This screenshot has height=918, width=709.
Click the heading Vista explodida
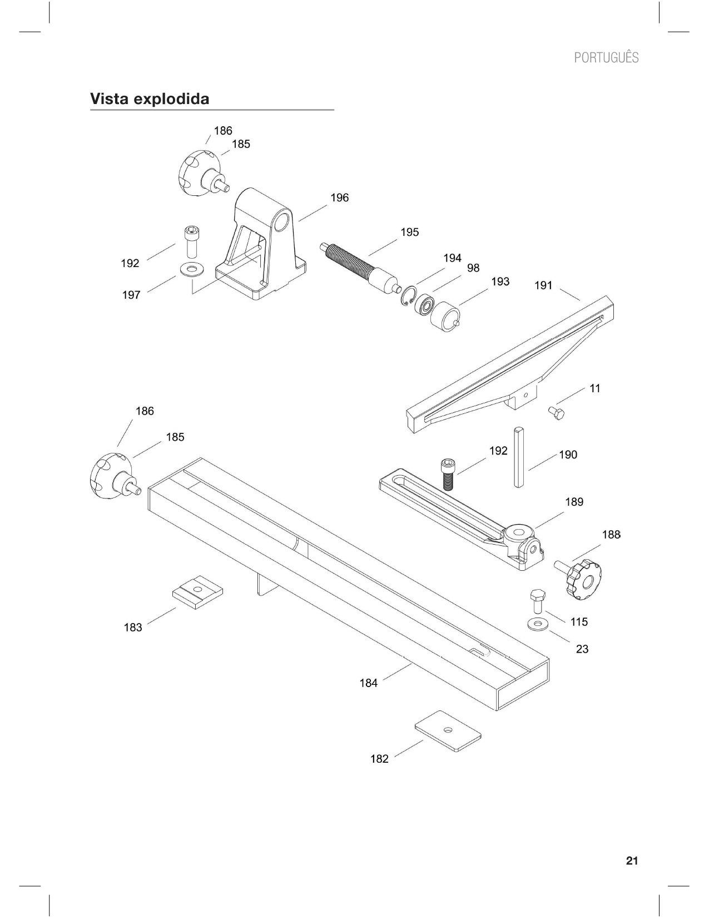[150, 99]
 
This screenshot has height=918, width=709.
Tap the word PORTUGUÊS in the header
[606, 58]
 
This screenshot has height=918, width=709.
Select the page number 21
[632, 861]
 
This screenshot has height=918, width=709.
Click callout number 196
[339, 198]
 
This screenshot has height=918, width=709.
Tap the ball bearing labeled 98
[427, 305]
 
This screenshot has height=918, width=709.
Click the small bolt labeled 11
[556, 413]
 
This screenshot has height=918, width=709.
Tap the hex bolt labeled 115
[537, 601]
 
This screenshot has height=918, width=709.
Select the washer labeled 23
[538, 624]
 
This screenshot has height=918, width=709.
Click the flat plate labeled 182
[448, 731]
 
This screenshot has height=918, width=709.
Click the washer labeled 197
[192, 270]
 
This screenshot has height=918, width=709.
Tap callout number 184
[368, 683]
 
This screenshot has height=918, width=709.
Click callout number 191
[543, 286]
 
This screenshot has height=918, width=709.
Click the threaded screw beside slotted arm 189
[447, 473]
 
